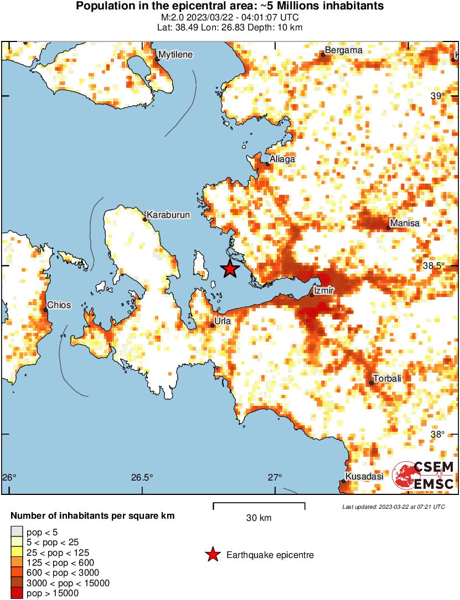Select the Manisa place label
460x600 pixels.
(405, 223)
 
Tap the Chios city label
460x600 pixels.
(59, 305)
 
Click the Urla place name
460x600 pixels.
(222, 320)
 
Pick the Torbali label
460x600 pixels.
(387, 378)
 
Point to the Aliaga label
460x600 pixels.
(282, 159)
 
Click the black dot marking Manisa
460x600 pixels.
(389, 228)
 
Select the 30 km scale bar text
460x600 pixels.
(259, 518)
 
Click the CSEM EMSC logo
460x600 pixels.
(423, 476)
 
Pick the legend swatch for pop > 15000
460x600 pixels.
(17, 593)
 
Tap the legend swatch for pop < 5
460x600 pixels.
(17, 532)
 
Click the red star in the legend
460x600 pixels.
(212, 555)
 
